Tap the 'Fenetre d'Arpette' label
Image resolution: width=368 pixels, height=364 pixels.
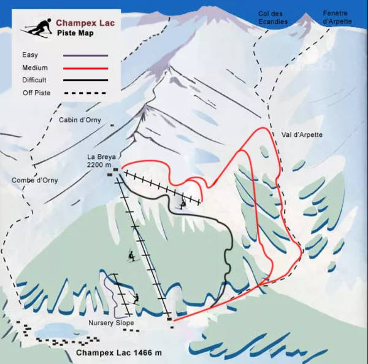337,17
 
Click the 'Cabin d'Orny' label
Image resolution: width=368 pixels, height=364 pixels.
80,120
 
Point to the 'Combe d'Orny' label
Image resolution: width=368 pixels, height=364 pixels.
31,180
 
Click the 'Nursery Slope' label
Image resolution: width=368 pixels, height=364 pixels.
110,323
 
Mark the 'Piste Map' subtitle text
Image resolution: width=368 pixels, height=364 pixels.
75,34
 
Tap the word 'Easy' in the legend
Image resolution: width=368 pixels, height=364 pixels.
29,55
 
